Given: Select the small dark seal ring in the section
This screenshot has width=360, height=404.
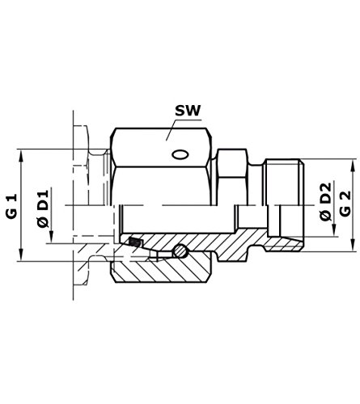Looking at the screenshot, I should coord(133,242).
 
